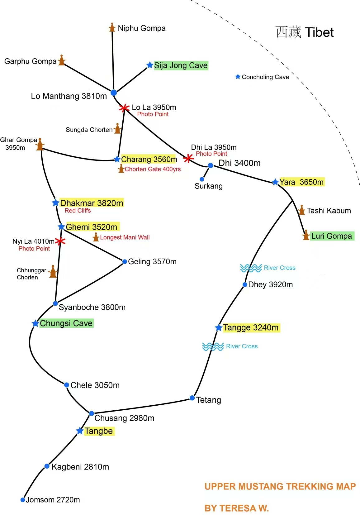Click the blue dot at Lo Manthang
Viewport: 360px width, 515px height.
(114, 93)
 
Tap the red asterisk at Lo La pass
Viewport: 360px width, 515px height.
(124, 108)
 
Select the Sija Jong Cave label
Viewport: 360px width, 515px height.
(181, 65)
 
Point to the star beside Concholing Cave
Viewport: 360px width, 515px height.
(238, 77)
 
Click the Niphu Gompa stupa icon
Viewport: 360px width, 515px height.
(112, 28)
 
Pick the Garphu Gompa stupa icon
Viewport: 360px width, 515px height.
(62, 60)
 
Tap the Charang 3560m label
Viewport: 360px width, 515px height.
(149, 159)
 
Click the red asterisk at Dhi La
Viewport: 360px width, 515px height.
(188, 158)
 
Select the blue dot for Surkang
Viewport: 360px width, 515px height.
(202, 179)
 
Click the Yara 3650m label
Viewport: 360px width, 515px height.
(301, 182)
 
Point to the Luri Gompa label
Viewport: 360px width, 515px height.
(332, 236)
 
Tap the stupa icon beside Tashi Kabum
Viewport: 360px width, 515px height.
(301, 210)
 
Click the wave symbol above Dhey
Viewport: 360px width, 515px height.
(251, 268)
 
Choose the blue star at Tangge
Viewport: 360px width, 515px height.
(219, 328)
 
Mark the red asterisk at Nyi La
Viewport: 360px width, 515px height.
(60, 241)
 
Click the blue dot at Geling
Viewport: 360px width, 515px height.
(125, 261)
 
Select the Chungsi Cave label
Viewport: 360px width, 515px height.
(66, 323)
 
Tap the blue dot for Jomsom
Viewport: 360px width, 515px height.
(23, 500)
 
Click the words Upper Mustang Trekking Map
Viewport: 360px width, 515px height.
(280, 486)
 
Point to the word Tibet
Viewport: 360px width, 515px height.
(319, 32)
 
